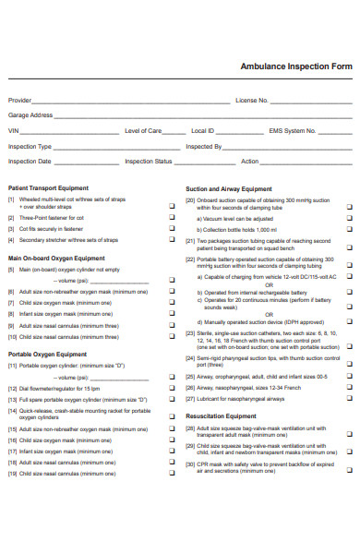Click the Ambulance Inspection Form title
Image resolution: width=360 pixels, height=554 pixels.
click(295, 67)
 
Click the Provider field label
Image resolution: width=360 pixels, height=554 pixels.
click(19, 100)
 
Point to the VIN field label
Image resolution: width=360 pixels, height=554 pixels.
click(14, 131)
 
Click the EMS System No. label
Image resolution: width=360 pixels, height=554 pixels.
click(291, 131)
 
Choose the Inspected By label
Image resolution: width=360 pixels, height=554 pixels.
click(203, 146)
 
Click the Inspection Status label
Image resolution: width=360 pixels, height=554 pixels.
click(149, 162)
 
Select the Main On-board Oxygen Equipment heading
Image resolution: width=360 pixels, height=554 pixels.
click(56, 259)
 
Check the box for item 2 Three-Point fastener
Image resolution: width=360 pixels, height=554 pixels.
click(172, 217)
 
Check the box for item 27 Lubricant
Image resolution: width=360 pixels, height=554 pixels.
click(349, 399)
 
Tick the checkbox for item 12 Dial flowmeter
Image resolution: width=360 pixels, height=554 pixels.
click(172, 389)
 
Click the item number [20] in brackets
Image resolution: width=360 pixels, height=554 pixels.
click(190, 199)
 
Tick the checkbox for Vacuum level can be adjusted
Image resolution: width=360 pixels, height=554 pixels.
click(349, 219)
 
